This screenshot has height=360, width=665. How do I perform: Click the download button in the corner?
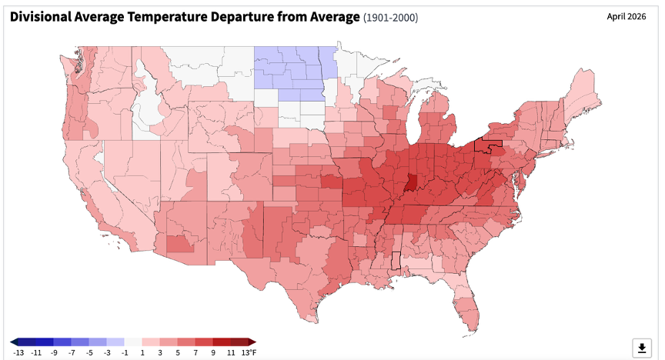pyautogui.click(x=642, y=348)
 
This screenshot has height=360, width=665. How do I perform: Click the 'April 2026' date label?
pyautogui.click(x=627, y=16)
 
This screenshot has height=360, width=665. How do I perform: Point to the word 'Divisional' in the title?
pyautogui.click(x=40, y=17)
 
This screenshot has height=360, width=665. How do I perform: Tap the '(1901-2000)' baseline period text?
pyautogui.click(x=390, y=18)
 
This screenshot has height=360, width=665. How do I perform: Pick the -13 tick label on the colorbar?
pyautogui.click(x=18, y=352)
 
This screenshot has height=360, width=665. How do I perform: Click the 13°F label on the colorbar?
pyautogui.click(x=249, y=352)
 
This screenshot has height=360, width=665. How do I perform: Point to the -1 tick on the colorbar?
pyautogui.click(x=124, y=352)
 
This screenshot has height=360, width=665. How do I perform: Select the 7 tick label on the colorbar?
pyautogui.click(x=195, y=352)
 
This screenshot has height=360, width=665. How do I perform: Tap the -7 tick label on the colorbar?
pyautogui.click(x=72, y=352)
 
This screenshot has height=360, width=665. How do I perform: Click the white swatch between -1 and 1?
pyautogui.click(x=133, y=342)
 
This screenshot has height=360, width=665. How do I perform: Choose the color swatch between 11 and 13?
pyautogui.click(x=239, y=342)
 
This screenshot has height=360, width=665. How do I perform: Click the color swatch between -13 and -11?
pyautogui.click(x=27, y=342)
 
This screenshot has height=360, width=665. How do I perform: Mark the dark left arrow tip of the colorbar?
pyautogui.click(x=11, y=342)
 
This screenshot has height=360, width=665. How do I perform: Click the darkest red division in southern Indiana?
pyautogui.click(x=410, y=182)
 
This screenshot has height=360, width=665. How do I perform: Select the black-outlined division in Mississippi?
pyautogui.click(x=396, y=260)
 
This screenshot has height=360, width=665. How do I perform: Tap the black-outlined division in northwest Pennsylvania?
pyautogui.click(x=487, y=145)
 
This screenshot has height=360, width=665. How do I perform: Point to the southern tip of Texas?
pyautogui.click(x=312, y=321)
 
